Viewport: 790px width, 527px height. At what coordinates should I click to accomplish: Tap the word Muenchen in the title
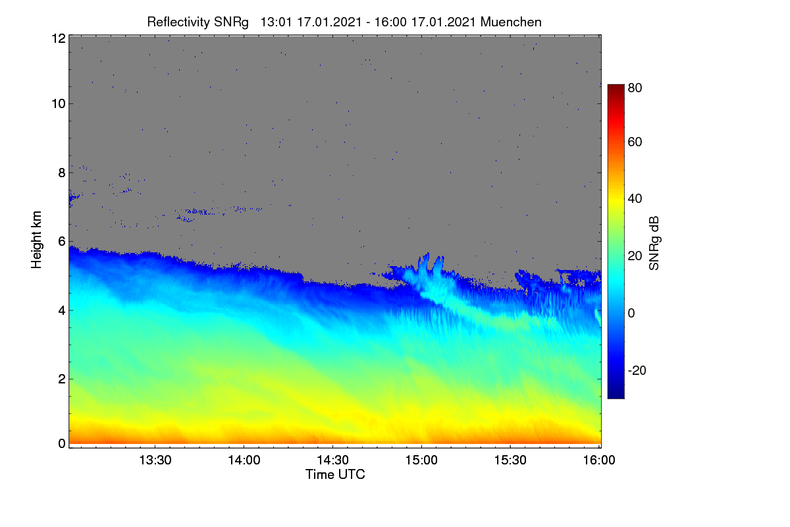[511, 22]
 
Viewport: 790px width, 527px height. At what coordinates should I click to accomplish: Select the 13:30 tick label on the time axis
[155, 460]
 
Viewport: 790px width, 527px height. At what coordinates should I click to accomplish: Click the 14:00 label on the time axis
[244, 460]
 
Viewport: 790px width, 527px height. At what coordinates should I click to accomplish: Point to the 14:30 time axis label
[332, 460]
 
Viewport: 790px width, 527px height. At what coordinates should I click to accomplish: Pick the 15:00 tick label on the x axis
[421, 460]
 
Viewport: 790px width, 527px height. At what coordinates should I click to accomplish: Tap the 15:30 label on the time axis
[510, 460]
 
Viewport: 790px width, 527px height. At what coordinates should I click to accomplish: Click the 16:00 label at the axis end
[599, 460]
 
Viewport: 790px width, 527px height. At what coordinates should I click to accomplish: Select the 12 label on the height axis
[59, 38]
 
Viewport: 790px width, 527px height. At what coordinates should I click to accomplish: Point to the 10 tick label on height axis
[59, 104]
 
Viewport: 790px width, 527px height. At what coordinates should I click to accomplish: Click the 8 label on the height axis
[62, 173]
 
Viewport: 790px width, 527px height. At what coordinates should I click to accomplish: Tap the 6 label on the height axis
[62, 242]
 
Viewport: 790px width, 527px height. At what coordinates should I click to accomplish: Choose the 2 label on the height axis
[62, 379]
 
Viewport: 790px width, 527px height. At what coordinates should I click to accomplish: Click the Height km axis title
[36, 240]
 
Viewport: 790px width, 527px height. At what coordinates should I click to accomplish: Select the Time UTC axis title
[335, 474]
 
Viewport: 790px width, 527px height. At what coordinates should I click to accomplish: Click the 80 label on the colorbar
[635, 88]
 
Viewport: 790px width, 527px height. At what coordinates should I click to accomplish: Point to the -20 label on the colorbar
[637, 370]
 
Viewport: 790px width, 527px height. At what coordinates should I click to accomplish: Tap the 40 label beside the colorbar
[635, 199]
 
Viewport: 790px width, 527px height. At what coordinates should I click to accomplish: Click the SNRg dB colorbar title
[654, 244]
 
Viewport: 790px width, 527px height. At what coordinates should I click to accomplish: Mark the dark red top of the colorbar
[616, 86]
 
